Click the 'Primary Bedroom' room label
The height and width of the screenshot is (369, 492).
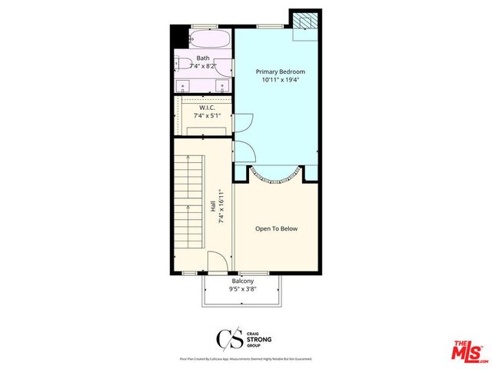275,71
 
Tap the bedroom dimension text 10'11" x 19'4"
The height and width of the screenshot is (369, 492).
275,80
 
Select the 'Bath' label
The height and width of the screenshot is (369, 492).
203,58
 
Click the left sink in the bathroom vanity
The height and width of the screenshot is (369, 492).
181,85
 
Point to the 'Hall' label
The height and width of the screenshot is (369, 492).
213,206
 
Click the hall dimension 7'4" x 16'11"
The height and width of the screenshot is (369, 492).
221,206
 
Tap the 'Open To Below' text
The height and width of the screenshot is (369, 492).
276,228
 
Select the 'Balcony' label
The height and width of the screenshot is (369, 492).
242,281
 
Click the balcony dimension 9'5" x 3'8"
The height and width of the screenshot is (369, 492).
242,290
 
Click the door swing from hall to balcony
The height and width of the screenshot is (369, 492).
218,264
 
